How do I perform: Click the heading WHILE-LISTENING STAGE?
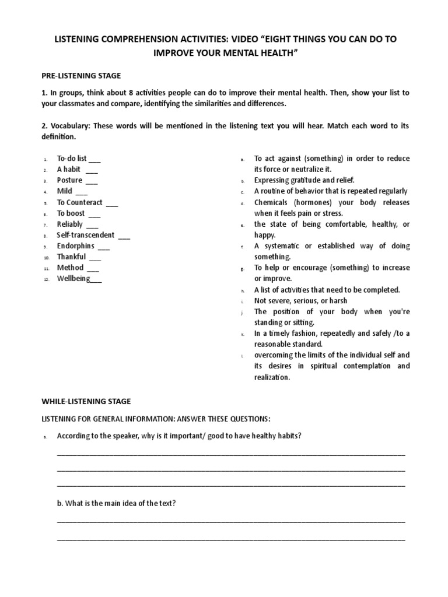tap(86, 401)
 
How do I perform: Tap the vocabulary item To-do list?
tap(71, 159)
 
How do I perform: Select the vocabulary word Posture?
tap(69, 180)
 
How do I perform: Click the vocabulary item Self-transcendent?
tap(85, 235)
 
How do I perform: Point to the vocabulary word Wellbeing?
tap(73, 279)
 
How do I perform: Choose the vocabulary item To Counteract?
tap(79, 202)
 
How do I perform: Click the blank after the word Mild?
tap(82, 192)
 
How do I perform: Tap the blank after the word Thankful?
tap(95, 257)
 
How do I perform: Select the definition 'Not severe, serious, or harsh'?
tap(300, 301)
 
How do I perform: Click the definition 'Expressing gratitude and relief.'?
tap(304, 180)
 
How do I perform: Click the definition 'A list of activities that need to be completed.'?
tap(327, 290)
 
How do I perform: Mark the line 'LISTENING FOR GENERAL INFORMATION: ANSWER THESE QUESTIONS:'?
tap(155, 419)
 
